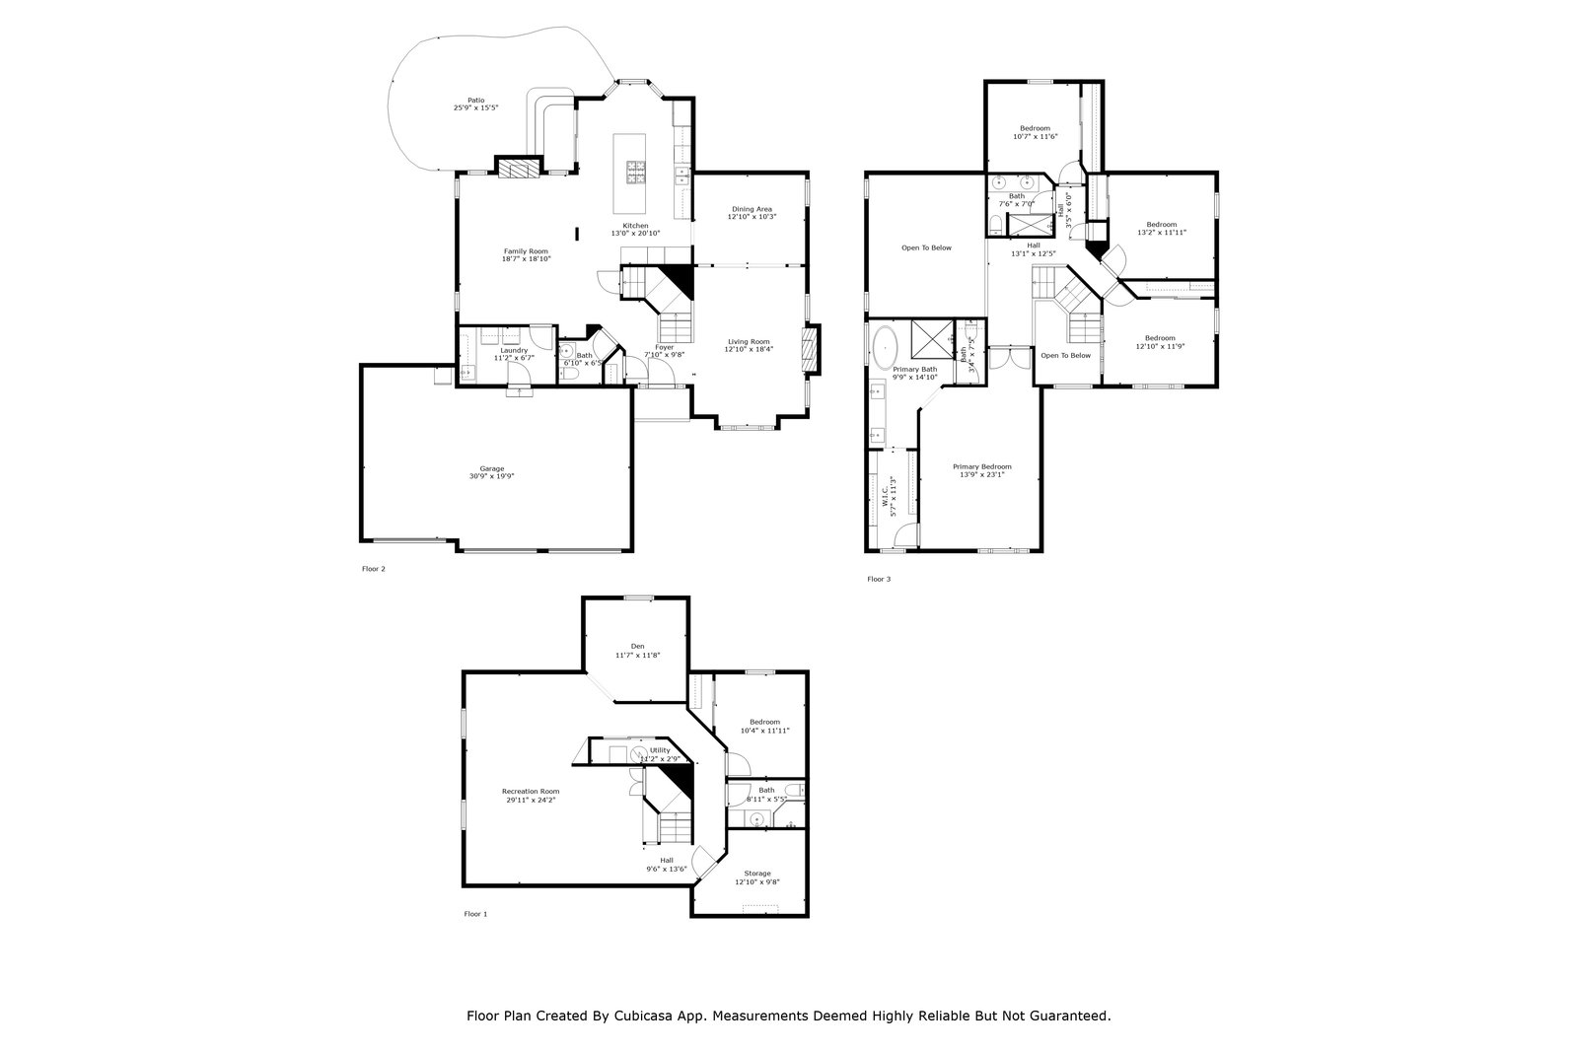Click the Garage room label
[x=491, y=468]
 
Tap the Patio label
[x=475, y=100]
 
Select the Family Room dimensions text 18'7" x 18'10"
[x=526, y=259]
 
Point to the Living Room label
[x=748, y=341]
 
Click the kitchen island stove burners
[x=631, y=173]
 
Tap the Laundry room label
[x=514, y=350]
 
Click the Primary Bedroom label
[x=981, y=466]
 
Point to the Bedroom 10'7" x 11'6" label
[x=1035, y=128]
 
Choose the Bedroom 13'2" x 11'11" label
[x=1161, y=225]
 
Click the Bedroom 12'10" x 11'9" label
[x=1160, y=338]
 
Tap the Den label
[x=637, y=647]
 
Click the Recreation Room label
[x=530, y=792]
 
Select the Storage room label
[x=756, y=874]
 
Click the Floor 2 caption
[x=374, y=569]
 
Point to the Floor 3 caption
[x=879, y=580]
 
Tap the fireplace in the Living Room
[x=811, y=350]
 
